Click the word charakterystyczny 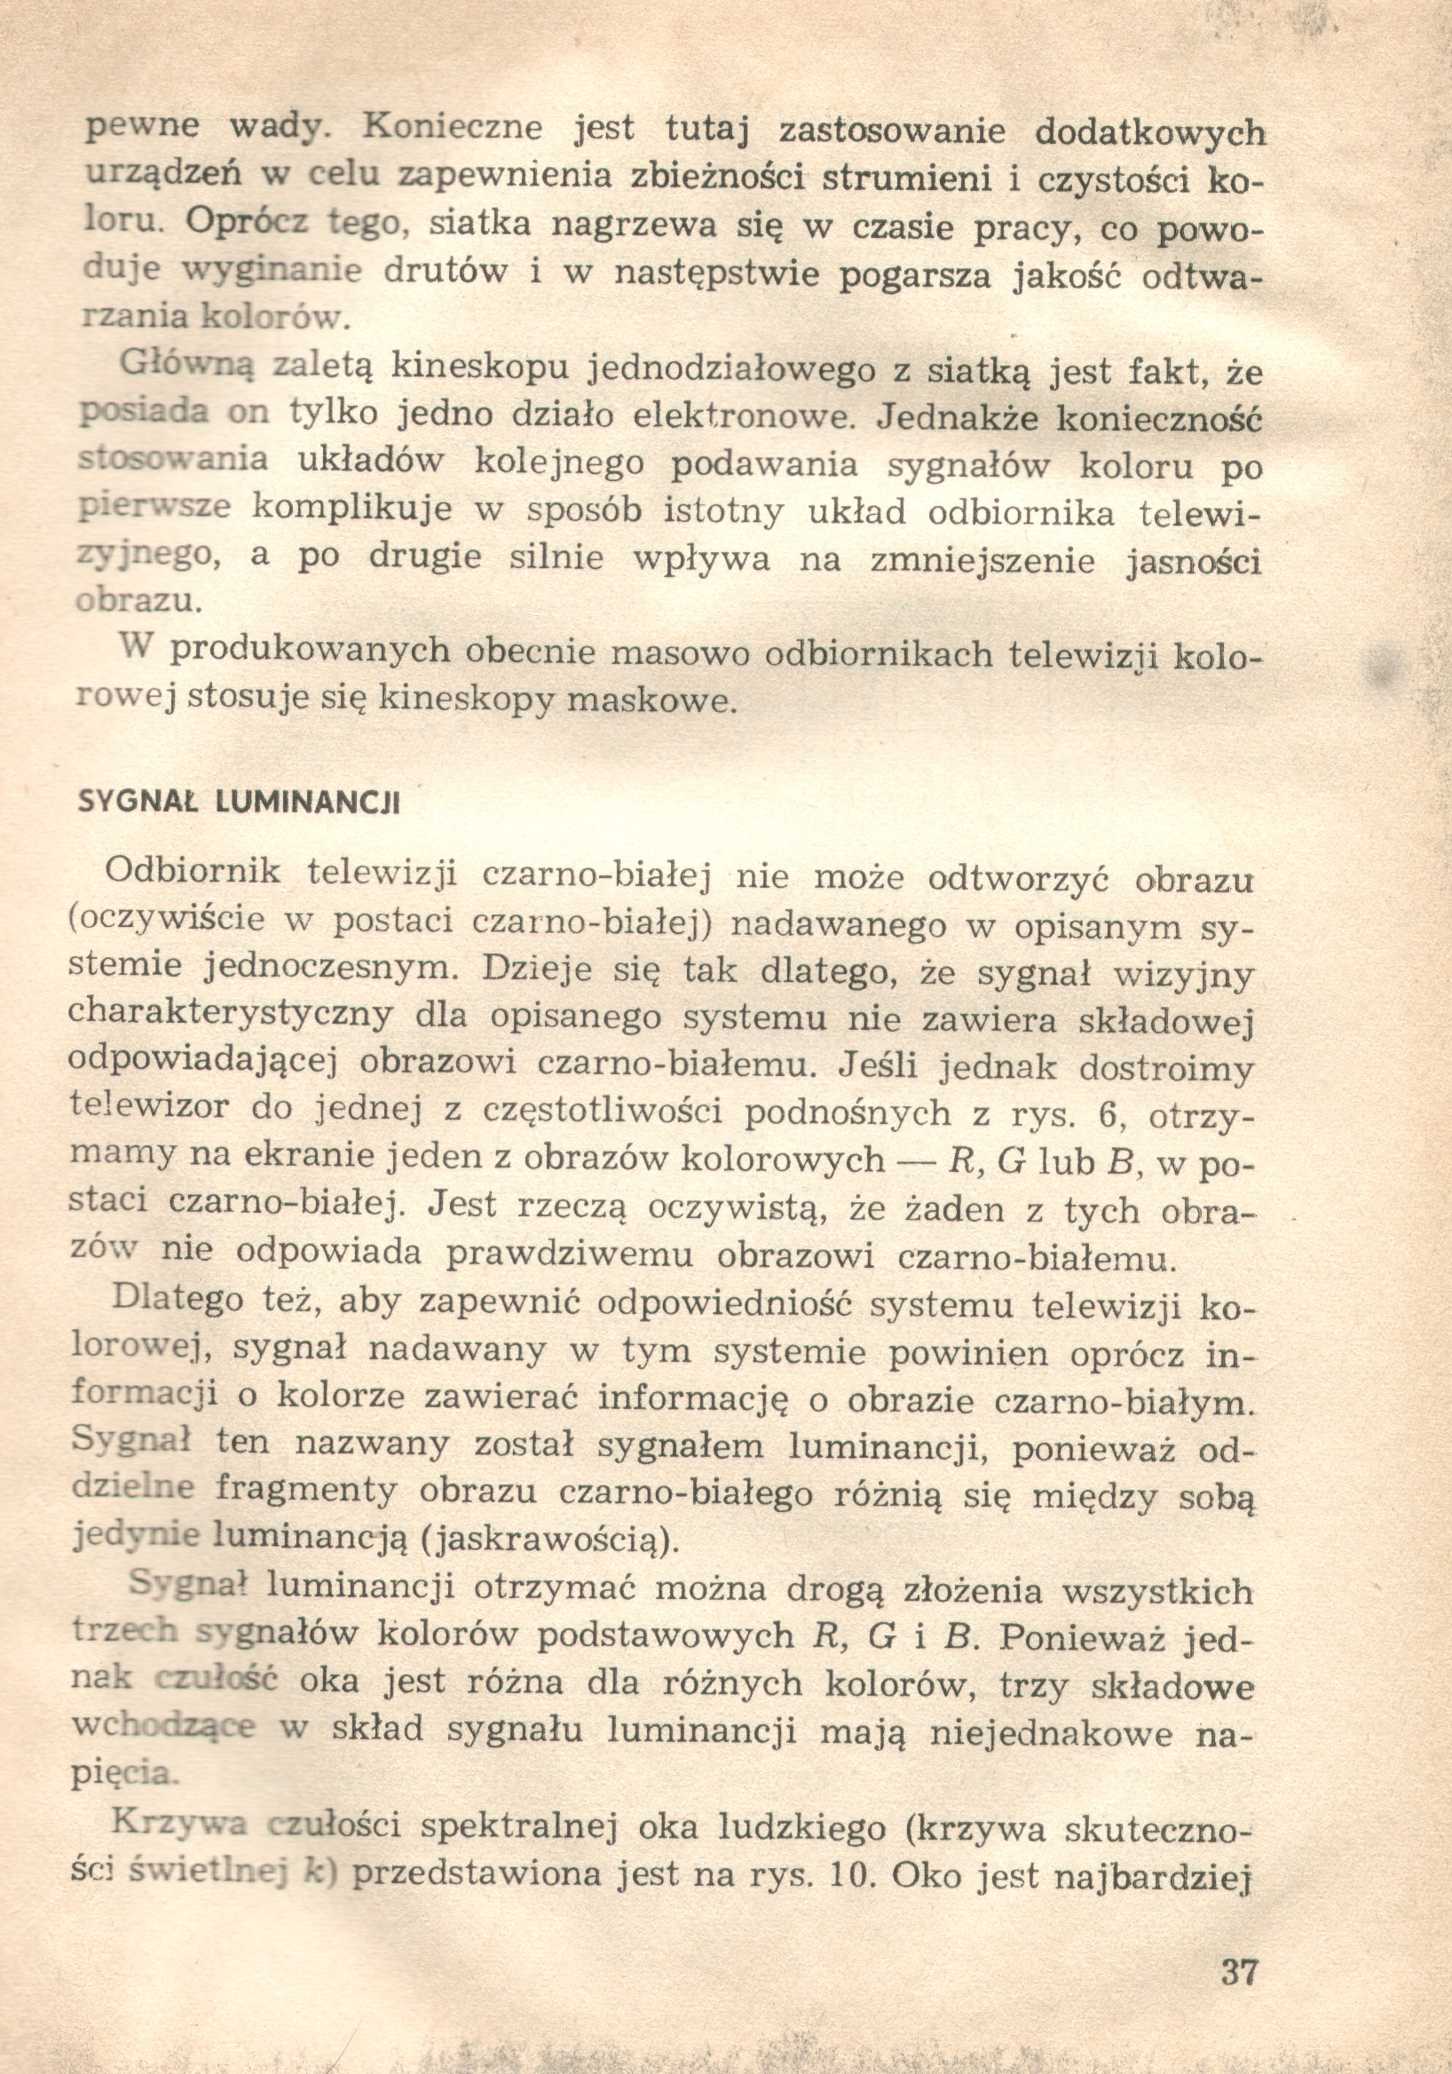coord(231,1017)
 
